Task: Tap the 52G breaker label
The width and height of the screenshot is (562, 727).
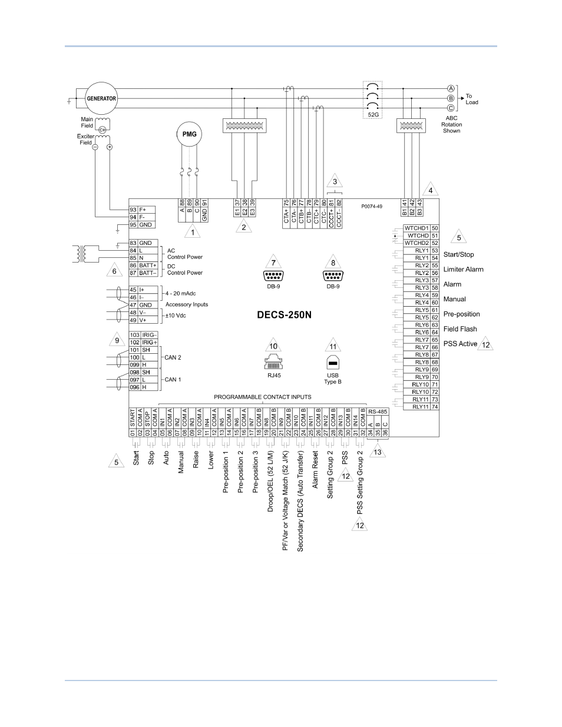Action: pos(373,114)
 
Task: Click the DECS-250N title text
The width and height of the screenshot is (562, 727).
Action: pos(284,315)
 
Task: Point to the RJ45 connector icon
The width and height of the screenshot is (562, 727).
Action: pos(273,362)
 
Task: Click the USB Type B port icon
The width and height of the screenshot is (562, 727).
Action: pos(333,363)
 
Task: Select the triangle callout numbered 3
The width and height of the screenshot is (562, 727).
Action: pos(335,181)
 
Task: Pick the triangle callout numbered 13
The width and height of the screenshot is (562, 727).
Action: pos(377,451)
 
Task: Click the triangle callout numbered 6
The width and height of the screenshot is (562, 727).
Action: pos(114,270)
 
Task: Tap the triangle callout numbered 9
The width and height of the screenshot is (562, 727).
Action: pos(117,339)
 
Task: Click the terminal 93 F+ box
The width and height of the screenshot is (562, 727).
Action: pos(142,210)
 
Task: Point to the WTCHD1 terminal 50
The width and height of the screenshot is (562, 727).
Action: pos(421,228)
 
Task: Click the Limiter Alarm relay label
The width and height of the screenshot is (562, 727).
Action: pos(463,270)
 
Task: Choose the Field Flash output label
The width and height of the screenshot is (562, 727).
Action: pos(460,329)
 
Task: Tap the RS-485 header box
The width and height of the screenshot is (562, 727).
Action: pos(378,411)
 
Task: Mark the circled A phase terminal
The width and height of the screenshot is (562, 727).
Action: pos(451,89)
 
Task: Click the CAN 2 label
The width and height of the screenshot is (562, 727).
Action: pos(173,357)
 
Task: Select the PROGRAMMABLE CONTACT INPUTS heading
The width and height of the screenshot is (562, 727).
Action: pos(262,397)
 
